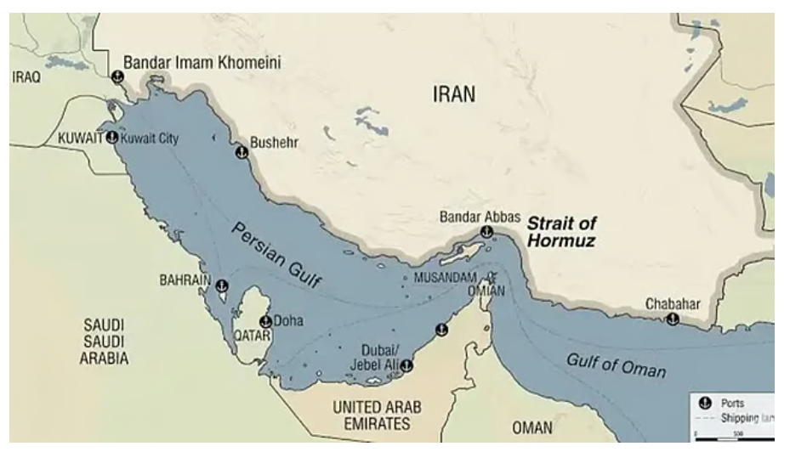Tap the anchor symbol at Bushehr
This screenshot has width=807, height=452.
click(x=241, y=153)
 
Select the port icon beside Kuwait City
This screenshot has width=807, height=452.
click(x=111, y=138)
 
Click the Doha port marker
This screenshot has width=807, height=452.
click(x=265, y=321)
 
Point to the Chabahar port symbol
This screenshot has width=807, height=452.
click(x=673, y=319)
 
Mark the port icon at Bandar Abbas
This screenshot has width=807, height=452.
click(x=488, y=232)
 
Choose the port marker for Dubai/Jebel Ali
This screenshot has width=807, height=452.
click(x=407, y=366)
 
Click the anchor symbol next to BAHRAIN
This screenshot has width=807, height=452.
click(x=222, y=285)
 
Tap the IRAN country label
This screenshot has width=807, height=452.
click(x=454, y=93)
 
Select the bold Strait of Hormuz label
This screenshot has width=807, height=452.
click(x=561, y=232)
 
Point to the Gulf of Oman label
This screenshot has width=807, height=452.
click(x=617, y=366)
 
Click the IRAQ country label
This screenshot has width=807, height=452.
click(x=26, y=76)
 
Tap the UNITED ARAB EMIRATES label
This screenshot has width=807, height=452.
click(x=379, y=415)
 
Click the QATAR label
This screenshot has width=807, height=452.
click(x=252, y=335)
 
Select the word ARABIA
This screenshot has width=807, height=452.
click(x=105, y=358)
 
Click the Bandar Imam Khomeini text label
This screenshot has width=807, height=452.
click(x=202, y=62)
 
